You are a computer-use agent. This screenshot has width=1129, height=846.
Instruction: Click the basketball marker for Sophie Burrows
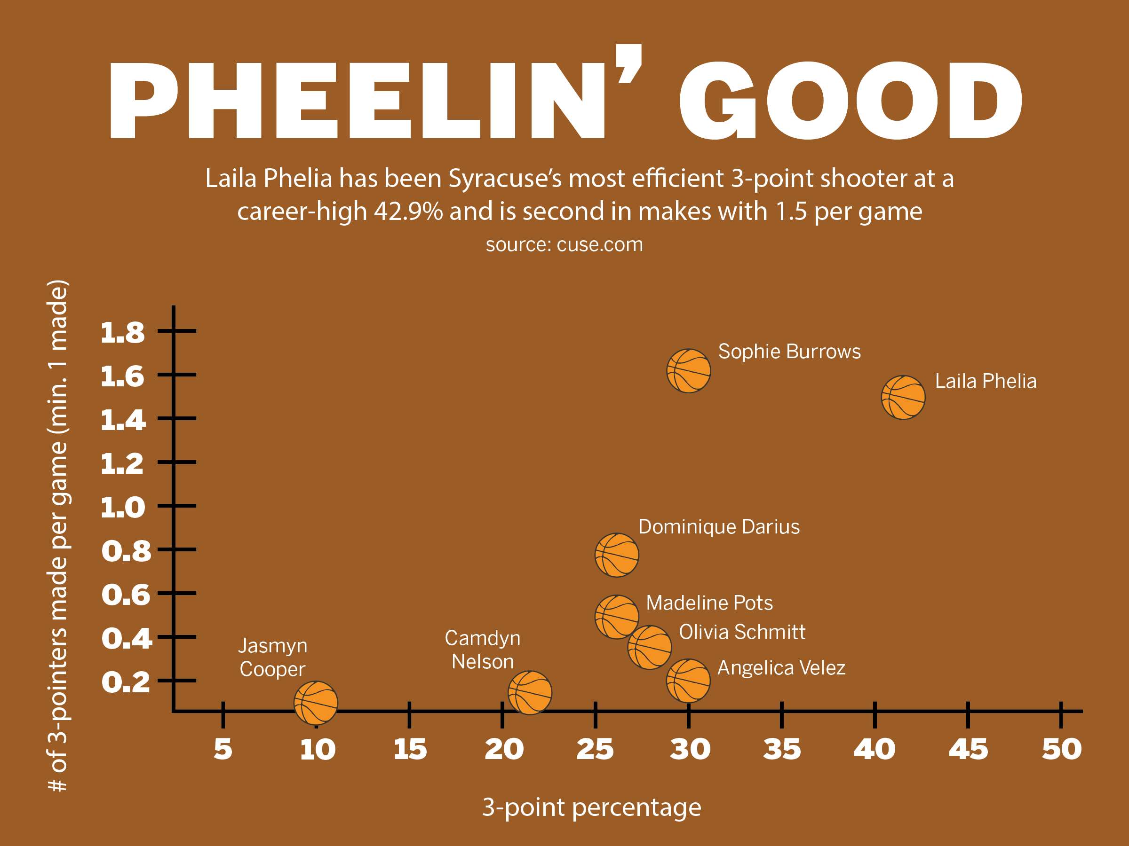[689, 371]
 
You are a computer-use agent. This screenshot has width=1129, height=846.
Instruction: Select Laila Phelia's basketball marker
[903, 397]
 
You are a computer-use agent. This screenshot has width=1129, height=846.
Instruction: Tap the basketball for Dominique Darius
[617, 555]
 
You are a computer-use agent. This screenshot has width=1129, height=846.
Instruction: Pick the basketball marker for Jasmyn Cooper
[316, 703]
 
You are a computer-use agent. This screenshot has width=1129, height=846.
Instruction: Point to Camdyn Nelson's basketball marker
[530, 692]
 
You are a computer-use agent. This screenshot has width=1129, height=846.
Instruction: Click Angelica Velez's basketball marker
[688, 680]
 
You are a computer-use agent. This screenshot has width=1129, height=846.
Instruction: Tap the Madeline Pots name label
[709, 603]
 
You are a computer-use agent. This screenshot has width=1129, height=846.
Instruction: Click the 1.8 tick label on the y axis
[122, 333]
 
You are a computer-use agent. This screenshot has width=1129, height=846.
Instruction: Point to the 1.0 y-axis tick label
[122, 508]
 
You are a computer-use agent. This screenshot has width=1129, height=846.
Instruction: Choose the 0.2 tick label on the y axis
[126, 682]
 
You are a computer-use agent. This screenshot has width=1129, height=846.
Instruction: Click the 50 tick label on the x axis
[1062, 749]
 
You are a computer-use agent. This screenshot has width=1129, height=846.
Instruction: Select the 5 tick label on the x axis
[223, 749]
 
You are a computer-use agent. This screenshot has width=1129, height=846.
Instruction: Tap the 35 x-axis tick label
[782, 749]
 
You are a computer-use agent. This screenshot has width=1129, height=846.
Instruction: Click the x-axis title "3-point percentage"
[592, 807]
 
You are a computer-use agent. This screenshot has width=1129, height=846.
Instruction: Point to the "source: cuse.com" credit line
[564, 244]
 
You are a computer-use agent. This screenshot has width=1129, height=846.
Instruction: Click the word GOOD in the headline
[851, 101]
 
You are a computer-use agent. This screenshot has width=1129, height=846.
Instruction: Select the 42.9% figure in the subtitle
[408, 211]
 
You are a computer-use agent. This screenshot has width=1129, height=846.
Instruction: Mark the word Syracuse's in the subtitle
[505, 179]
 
